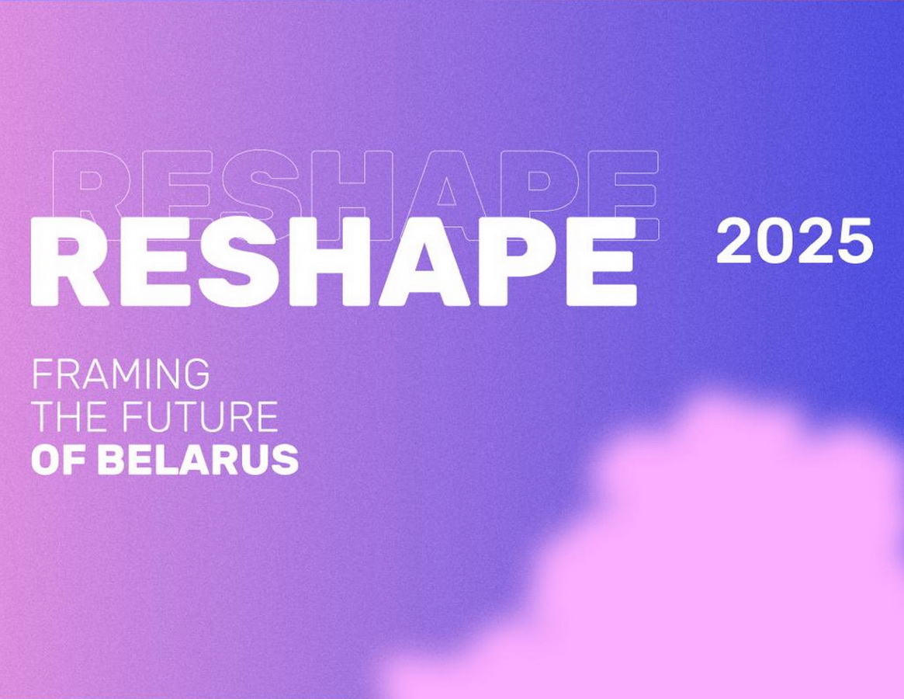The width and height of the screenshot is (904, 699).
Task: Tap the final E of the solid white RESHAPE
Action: pyautogui.click(x=602, y=262)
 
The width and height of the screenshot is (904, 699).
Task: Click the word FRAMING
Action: pyautogui.click(x=120, y=374)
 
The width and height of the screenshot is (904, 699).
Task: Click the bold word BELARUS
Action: pyautogui.click(x=199, y=460)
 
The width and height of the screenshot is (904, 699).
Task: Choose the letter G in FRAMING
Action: pyautogui.click(x=195, y=374)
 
